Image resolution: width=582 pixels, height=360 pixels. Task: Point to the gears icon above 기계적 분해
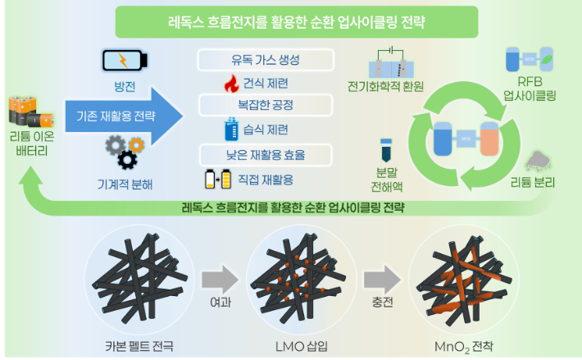pos(125,150)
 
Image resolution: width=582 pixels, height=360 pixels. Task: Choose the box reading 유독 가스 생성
pos(266,60)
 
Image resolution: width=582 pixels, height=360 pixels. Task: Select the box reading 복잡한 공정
pos(266,106)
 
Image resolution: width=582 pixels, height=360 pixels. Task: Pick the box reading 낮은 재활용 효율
pos(266,153)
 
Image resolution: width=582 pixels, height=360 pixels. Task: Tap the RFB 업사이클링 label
pos(530,89)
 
